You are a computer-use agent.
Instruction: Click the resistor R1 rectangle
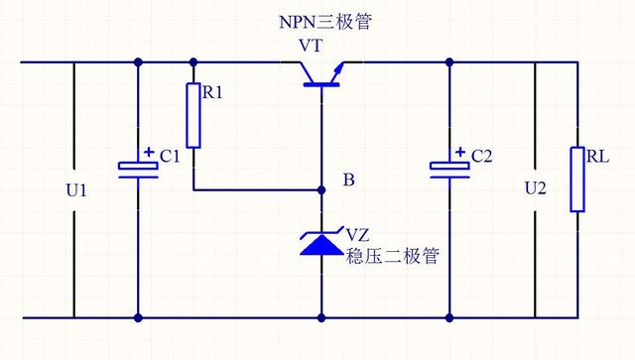193,115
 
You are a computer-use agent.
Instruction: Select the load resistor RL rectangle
576,180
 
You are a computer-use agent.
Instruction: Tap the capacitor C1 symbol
137,170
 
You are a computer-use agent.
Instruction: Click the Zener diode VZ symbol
323,240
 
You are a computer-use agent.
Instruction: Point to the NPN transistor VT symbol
323,75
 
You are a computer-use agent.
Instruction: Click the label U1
76,188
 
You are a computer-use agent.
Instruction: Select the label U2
535,187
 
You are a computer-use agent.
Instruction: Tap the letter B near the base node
348,180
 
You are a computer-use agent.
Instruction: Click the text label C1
170,156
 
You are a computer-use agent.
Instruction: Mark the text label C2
482,156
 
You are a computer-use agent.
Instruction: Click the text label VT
311,47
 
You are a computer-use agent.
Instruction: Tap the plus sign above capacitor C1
149,153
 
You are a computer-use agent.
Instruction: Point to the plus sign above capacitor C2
461,153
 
